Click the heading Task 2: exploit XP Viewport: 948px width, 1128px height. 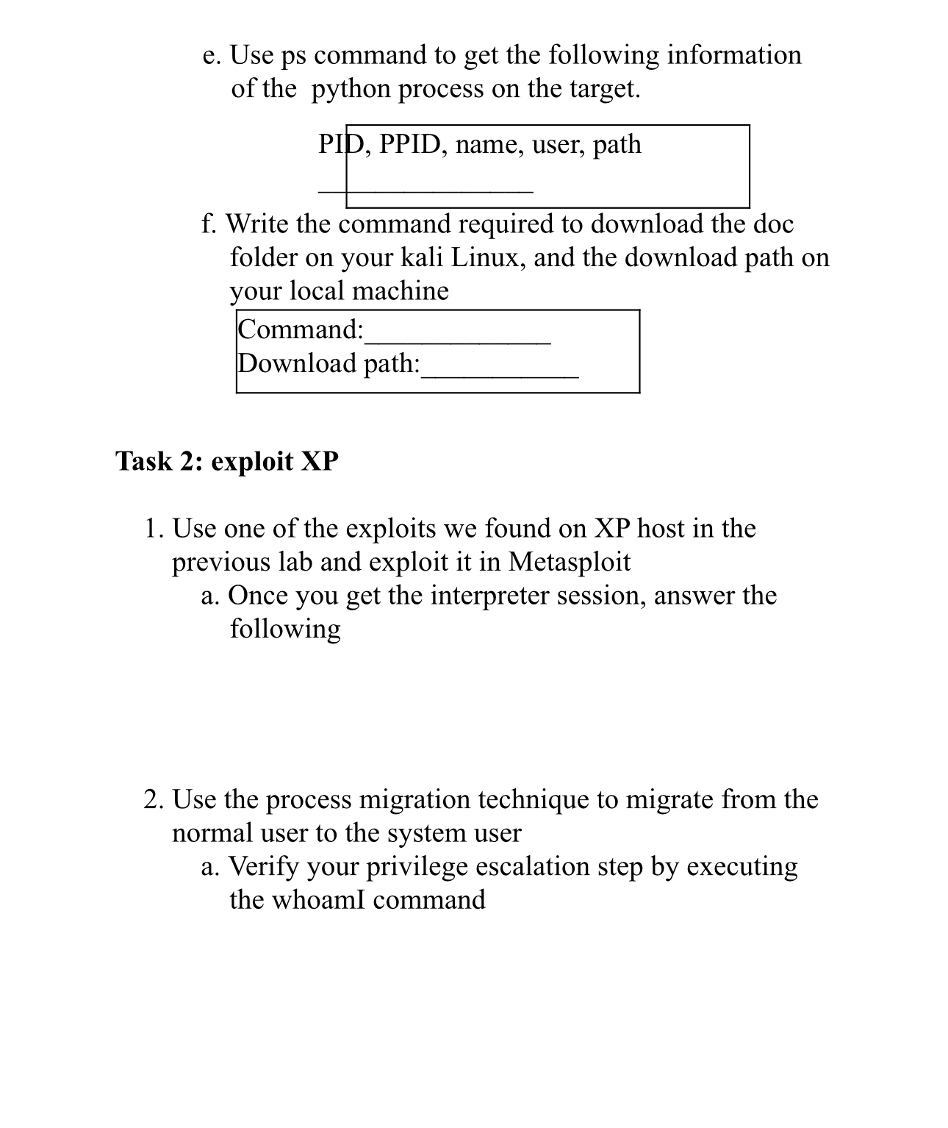click(226, 462)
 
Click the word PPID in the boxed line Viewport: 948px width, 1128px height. click(409, 144)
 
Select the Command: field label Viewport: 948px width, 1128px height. click(301, 329)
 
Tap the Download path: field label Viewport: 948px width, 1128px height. click(328, 363)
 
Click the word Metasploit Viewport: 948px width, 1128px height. click(569, 562)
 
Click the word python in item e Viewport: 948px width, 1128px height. click(351, 90)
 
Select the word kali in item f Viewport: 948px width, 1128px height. click(421, 257)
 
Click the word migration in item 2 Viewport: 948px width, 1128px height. click(414, 799)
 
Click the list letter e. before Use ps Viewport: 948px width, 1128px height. click(212, 56)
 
